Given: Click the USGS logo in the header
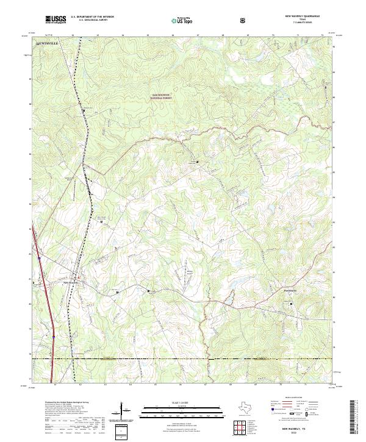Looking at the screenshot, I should (56, 20).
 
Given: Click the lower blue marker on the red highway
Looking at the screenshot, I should (54, 336).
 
